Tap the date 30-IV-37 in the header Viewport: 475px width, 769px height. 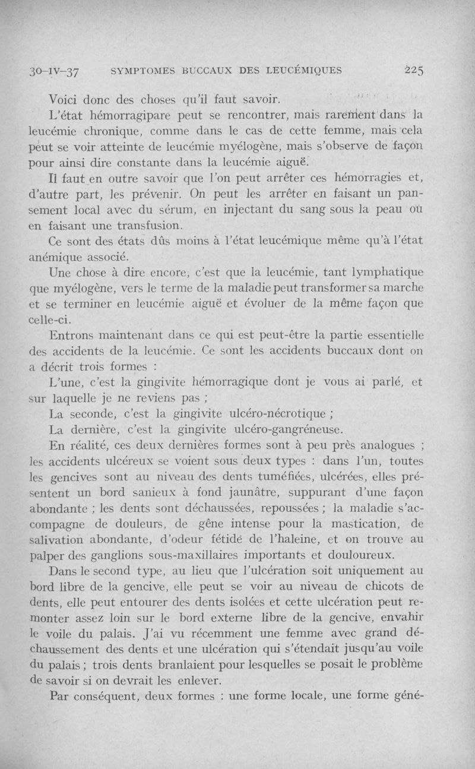point(56,72)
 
